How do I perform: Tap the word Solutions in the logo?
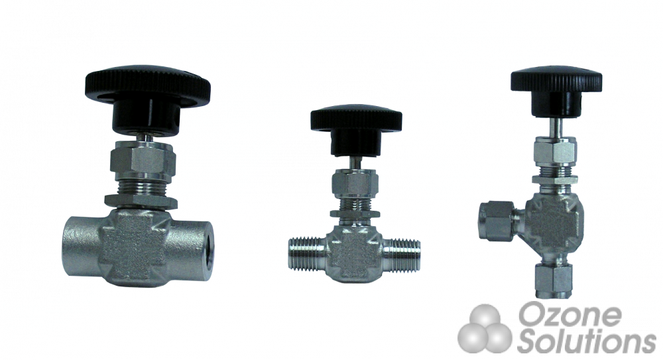pos(586,341)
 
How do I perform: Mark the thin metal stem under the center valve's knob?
pos(356,162)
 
